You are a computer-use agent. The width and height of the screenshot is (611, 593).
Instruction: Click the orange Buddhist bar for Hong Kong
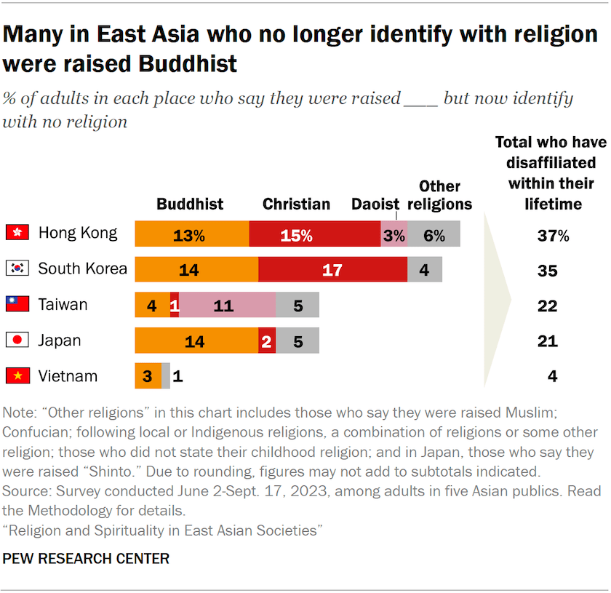tap(192, 234)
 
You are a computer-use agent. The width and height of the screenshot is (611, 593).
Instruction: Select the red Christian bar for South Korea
tap(332, 270)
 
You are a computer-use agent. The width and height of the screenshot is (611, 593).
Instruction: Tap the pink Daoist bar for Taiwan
tap(227, 306)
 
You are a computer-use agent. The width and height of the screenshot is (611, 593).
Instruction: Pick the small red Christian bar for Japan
tap(267, 341)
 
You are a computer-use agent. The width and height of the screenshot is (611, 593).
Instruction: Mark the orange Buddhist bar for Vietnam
tap(148, 377)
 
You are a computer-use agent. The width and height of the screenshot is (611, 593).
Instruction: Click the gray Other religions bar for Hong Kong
tap(434, 234)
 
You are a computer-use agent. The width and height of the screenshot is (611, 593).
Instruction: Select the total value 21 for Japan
tap(548, 341)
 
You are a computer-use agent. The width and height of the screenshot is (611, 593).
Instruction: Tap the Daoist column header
tap(375, 204)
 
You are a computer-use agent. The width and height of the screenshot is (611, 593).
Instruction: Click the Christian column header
tap(296, 204)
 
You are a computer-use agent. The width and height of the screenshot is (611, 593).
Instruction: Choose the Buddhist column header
tap(190, 204)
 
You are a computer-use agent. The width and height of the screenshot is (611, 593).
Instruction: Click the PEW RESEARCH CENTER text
tap(87, 559)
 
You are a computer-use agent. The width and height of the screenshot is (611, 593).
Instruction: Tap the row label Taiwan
tap(63, 304)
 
